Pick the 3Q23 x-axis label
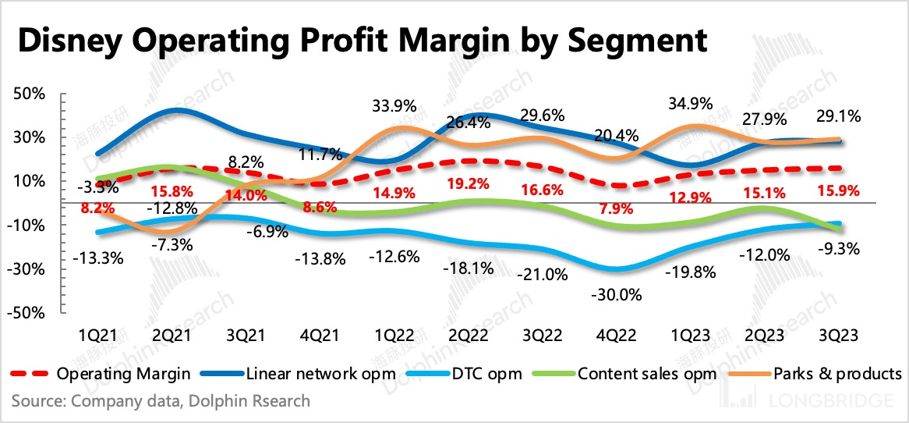pos(838,335)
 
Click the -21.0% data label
pos(539,275)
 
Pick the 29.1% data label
pos(839,117)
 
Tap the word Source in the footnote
pos(37,401)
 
